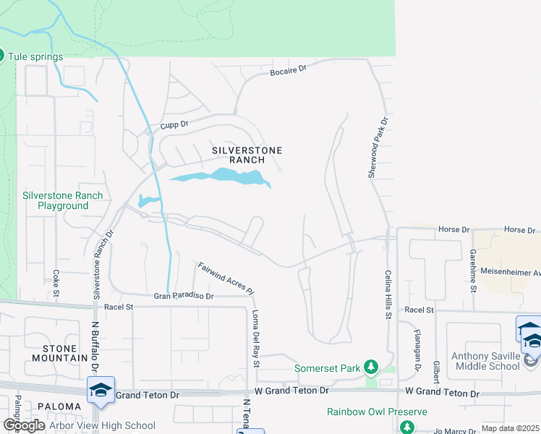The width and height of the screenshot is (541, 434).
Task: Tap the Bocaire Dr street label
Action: pos(289,71)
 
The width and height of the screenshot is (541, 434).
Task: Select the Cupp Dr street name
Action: pos(174,124)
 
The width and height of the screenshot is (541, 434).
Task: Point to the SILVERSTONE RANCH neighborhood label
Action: pos(246,154)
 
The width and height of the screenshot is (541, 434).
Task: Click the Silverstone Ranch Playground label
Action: pos(62,200)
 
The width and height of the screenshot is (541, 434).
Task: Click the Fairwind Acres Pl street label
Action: pos(226,278)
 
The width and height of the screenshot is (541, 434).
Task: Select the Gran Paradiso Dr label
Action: pos(184,296)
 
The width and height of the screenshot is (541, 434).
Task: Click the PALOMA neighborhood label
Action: pos(59,407)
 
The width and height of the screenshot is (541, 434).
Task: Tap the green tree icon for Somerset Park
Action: pos(371,367)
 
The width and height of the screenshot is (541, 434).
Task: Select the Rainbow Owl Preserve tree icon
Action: pos(407,427)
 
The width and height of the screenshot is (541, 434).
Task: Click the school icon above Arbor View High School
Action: pos(100,389)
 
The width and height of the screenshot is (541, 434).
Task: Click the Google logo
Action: pos(23,425)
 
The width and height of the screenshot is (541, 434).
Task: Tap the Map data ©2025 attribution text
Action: pos(509,428)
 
